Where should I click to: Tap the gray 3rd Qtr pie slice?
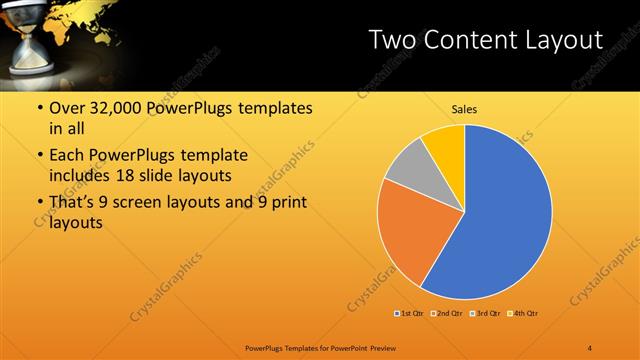click(x=409, y=171)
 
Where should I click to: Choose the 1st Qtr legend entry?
click(x=410, y=314)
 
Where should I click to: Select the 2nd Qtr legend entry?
click(x=448, y=314)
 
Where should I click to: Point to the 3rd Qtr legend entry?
click(x=486, y=314)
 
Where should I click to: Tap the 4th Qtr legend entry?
click(x=524, y=314)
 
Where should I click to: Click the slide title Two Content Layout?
click(x=485, y=40)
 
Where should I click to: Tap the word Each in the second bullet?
click(x=67, y=156)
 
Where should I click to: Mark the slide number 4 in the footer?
click(x=590, y=347)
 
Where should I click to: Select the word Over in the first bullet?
click(x=67, y=108)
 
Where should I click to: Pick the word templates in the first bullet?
click(x=271, y=108)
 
